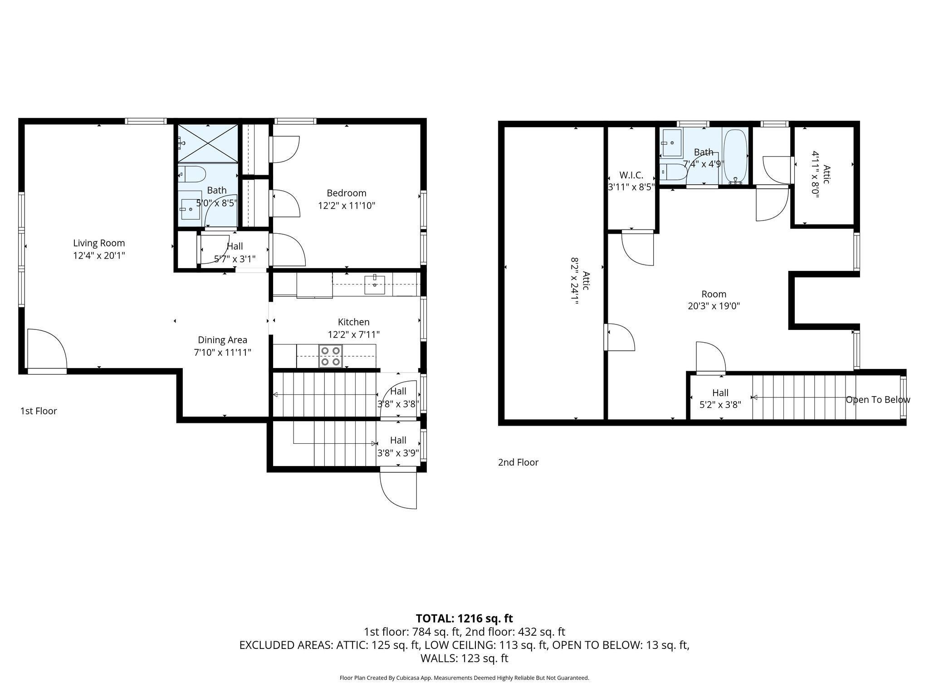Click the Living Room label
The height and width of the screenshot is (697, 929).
point(99,243)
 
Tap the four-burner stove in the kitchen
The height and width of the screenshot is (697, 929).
point(331,356)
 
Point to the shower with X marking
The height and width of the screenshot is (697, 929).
point(207,143)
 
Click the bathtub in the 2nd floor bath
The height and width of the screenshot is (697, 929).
point(735,156)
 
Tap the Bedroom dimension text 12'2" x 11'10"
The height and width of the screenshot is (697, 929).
point(347,206)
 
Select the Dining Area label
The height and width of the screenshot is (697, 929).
point(222,340)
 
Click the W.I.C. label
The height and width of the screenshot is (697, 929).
point(631,176)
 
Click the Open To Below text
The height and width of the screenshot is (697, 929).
point(877,400)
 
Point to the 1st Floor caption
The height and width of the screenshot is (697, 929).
point(39,411)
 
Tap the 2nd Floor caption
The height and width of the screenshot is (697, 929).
point(518,462)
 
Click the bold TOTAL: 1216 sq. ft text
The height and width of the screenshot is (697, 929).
point(464,618)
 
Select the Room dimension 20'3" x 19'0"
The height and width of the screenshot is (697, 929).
point(714,306)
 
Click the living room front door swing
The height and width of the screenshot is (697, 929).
point(47,349)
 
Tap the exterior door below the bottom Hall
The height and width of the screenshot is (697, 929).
point(398,490)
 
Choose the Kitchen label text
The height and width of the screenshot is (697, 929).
point(353,322)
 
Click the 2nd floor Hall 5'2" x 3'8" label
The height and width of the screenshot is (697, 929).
point(720,398)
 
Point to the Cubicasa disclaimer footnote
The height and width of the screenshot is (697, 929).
point(464,678)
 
